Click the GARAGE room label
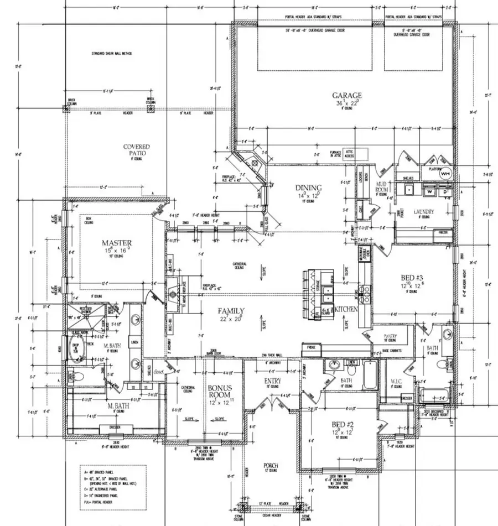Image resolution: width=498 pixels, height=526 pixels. point(347,95)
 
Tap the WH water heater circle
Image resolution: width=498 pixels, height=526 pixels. point(445,173)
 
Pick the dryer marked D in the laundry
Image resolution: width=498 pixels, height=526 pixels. point(444,192)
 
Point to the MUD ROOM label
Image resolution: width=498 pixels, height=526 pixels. point(381,186)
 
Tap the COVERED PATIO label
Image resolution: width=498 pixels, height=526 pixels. point(137,150)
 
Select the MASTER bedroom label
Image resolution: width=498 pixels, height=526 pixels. point(116,243)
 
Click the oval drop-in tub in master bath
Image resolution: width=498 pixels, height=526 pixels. point(76,350)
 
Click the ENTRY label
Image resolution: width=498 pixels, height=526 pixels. point(273,381)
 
